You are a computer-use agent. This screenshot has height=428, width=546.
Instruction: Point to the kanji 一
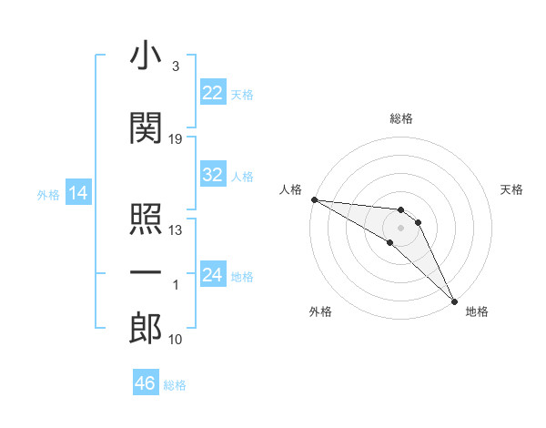point(146,272)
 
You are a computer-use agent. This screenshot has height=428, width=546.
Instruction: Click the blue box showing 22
point(213,93)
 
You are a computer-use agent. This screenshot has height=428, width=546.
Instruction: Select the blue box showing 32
point(213,175)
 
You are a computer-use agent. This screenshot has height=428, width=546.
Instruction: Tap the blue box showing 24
point(213,276)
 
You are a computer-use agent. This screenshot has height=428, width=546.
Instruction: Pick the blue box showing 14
point(77,193)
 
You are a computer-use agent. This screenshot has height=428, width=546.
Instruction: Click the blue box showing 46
point(146,383)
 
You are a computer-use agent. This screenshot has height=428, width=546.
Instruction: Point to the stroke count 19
point(176,139)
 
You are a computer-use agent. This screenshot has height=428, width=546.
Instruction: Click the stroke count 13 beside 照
point(176,230)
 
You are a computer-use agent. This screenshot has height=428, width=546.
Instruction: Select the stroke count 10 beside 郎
point(176,340)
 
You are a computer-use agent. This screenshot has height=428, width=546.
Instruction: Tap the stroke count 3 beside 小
point(175,67)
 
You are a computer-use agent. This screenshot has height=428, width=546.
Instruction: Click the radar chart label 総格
point(401,118)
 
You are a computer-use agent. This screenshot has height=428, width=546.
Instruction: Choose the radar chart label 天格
point(511,189)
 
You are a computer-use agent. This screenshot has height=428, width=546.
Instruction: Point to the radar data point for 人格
point(314,199)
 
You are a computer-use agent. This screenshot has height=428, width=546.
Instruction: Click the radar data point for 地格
point(454,300)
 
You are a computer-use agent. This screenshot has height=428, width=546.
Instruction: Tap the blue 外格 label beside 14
point(47,194)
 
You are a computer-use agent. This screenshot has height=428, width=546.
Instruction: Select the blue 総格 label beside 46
point(175,385)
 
